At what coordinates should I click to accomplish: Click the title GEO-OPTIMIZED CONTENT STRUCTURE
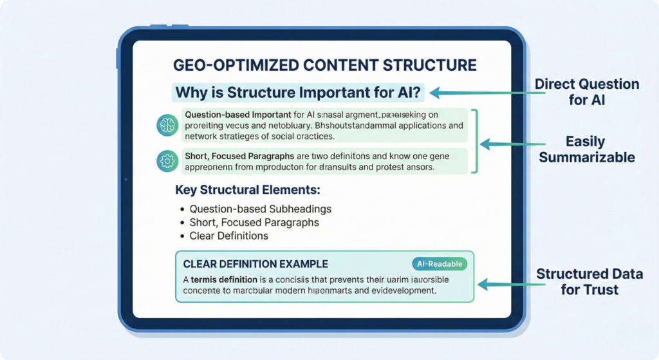[325, 65]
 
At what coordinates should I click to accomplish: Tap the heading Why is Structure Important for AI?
[298, 92]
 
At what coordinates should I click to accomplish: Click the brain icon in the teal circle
[167, 125]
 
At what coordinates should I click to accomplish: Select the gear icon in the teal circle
[167, 161]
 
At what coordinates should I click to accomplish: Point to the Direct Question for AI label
[587, 92]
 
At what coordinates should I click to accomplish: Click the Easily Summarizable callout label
[587, 149]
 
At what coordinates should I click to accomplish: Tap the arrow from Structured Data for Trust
[505, 283]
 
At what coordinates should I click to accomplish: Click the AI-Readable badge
[440, 263]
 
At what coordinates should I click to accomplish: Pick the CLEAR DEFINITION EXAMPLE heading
[255, 264]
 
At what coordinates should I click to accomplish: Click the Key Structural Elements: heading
[248, 191]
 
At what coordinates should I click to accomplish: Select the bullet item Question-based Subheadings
[261, 209]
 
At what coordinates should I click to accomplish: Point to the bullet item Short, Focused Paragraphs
[254, 222]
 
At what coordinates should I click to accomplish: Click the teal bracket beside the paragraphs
[475, 141]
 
